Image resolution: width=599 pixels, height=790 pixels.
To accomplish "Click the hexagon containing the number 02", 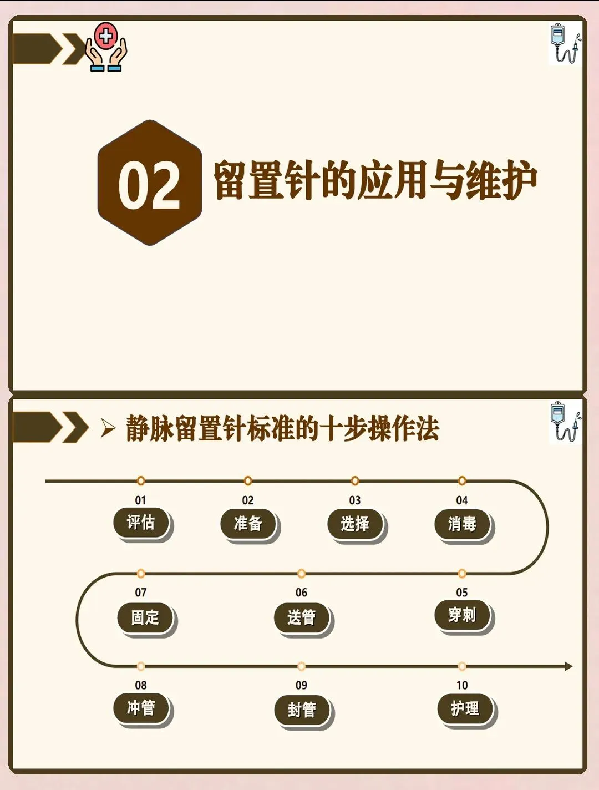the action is click(x=150, y=183).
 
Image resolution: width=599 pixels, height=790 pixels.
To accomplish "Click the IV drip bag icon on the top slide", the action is click(x=564, y=43).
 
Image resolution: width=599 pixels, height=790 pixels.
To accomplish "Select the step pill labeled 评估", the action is click(x=141, y=523).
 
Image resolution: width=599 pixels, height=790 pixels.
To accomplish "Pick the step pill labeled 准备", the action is click(x=248, y=523).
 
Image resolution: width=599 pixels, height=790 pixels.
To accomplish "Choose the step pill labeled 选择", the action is click(x=355, y=523).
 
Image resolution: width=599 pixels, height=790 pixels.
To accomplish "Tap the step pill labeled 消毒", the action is click(x=462, y=524).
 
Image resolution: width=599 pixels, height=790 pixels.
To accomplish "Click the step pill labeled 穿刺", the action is click(x=462, y=615).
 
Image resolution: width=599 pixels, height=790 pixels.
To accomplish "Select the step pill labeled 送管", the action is click(x=302, y=617).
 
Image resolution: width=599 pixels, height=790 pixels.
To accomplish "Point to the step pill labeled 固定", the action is click(x=145, y=617).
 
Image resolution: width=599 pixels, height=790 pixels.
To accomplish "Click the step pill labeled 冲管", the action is click(x=141, y=708).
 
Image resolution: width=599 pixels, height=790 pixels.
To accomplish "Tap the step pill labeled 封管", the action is click(x=302, y=710).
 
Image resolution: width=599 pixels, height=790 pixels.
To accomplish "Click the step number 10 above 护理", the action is click(x=462, y=685).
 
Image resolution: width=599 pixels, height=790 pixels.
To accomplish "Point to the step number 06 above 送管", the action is click(x=301, y=592).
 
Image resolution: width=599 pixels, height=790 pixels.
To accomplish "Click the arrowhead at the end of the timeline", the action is click(x=568, y=666).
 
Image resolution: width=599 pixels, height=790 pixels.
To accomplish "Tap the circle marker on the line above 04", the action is click(x=462, y=480).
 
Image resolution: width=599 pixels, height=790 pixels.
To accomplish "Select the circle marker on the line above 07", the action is click(x=141, y=573).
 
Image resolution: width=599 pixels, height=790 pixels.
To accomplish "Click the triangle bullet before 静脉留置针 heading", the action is click(x=108, y=428).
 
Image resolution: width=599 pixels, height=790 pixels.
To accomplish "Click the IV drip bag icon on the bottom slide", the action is click(x=564, y=422).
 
